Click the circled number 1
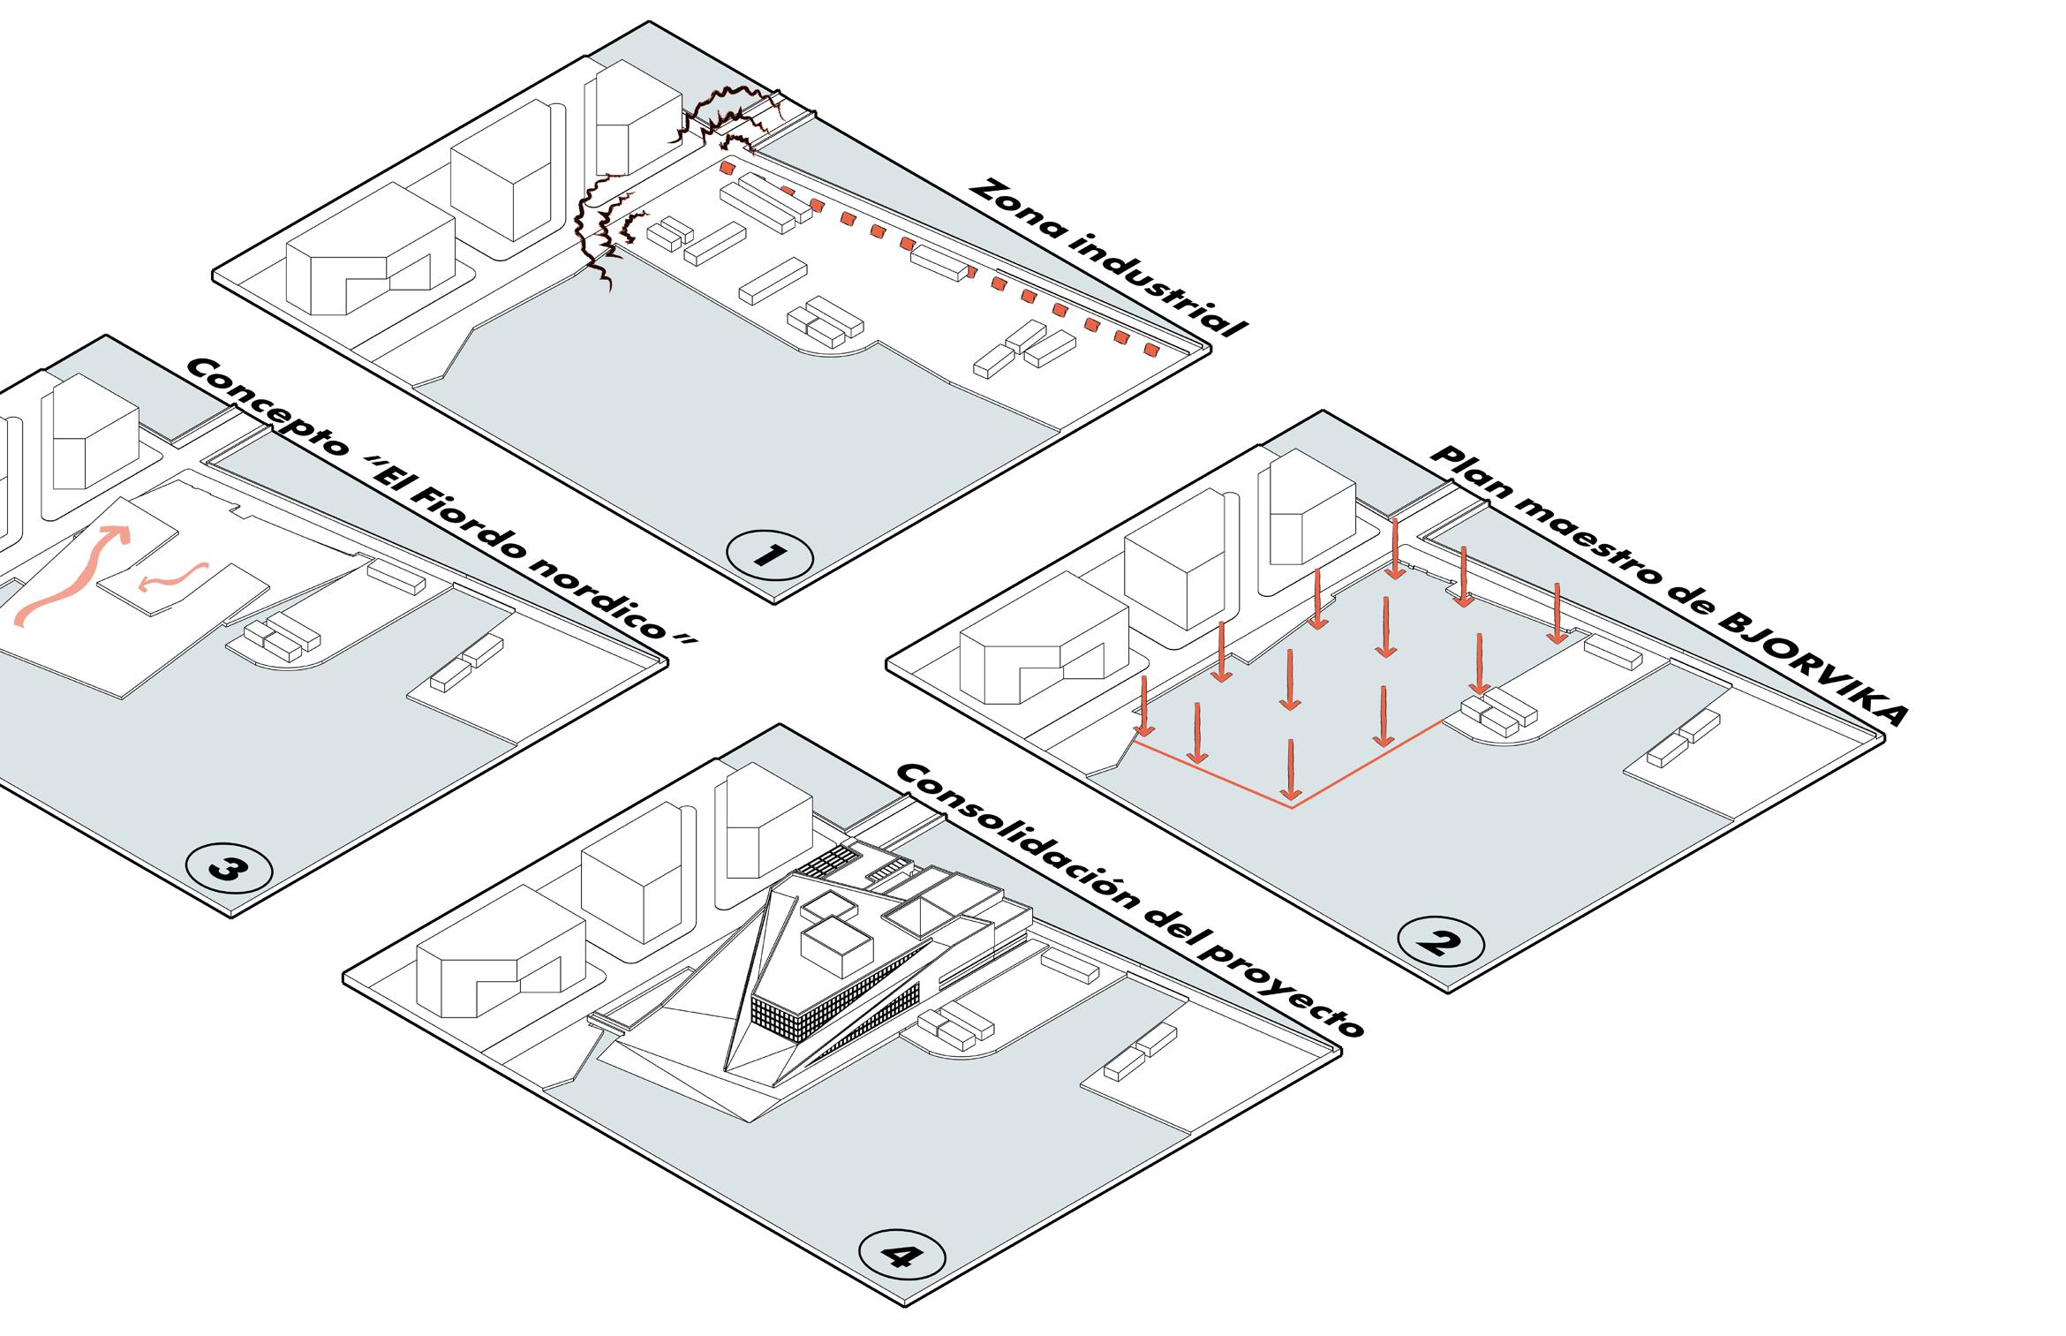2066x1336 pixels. coord(769,555)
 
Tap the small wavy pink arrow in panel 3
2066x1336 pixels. coord(173,579)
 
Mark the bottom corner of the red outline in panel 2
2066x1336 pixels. coord(1292,807)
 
